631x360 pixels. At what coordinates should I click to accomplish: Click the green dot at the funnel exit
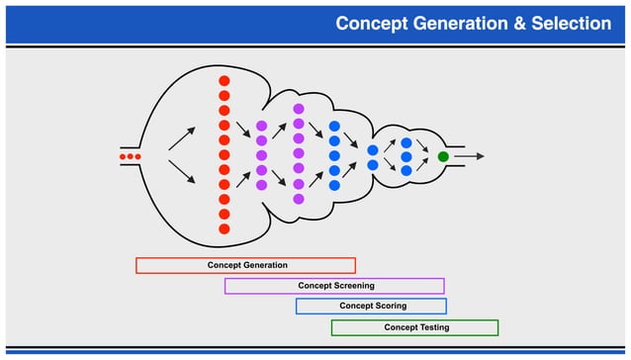[x=443, y=156]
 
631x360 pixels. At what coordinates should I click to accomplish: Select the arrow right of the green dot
[x=470, y=156]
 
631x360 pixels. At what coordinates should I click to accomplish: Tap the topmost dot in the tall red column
[x=225, y=81]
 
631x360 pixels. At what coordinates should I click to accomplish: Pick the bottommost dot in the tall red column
[x=225, y=229]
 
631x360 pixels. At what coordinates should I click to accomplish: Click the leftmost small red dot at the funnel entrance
[x=123, y=156]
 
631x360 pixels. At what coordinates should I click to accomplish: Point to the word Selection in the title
[x=565, y=23]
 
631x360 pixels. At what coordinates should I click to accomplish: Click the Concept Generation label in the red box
[x=247, y=265]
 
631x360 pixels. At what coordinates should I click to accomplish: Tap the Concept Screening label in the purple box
[x=336, y=286]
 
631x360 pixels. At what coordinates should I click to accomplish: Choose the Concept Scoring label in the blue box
[x=373, y=307]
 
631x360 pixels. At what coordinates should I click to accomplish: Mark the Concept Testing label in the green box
[x=416, y=327]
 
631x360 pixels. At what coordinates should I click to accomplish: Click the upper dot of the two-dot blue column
[x=373, y=149]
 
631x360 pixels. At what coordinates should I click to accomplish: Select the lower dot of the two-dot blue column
[x=373, y=165]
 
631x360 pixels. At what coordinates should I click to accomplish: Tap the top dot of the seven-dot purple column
[x=299, y=109]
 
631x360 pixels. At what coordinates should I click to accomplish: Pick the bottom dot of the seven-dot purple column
[x=299, y=199]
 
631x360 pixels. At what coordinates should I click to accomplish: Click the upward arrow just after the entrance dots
[x=181, y=137]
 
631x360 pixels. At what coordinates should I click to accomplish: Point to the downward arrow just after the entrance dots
[x=181, y=173]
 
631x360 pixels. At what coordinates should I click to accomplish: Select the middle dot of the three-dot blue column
[x=406, y=156]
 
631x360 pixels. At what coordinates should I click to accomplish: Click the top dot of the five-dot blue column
[x=334, y=127]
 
